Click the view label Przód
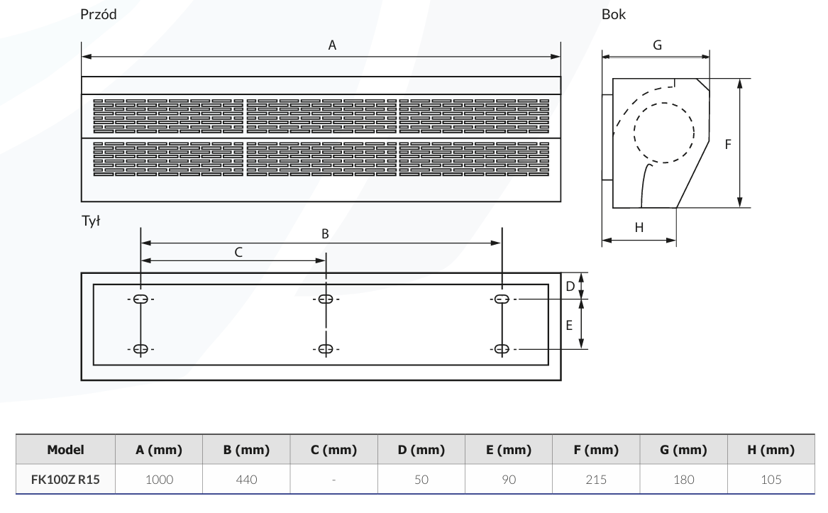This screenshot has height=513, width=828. point(99,14)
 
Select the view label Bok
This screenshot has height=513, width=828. point(614,14)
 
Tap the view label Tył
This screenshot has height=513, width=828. point(92,221)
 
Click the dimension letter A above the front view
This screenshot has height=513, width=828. point(331,45)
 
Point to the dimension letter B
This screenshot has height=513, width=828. point(325,233)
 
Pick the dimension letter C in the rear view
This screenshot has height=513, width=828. point(238,252)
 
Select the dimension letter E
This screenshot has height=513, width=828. point(569,325)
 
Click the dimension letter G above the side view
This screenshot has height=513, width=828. point(657,45)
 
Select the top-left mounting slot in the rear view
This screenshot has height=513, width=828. point(140,299)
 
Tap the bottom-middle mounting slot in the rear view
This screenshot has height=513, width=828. point(326,349)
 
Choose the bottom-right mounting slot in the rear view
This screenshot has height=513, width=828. point(502,349)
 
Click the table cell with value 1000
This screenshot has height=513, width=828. point(159,480)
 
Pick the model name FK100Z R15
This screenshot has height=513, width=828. point(66,480)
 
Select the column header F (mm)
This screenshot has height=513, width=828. point(597,451)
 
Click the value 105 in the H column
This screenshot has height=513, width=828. point(771,480)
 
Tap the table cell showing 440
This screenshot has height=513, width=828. point(246,480)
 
